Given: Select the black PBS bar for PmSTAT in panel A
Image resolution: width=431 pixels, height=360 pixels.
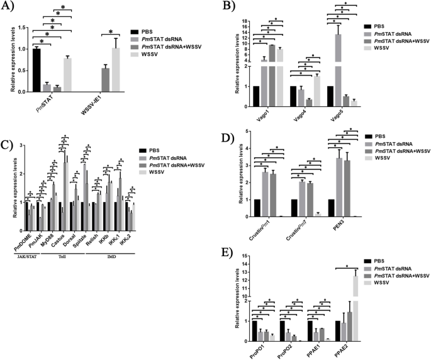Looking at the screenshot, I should [36, 70].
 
